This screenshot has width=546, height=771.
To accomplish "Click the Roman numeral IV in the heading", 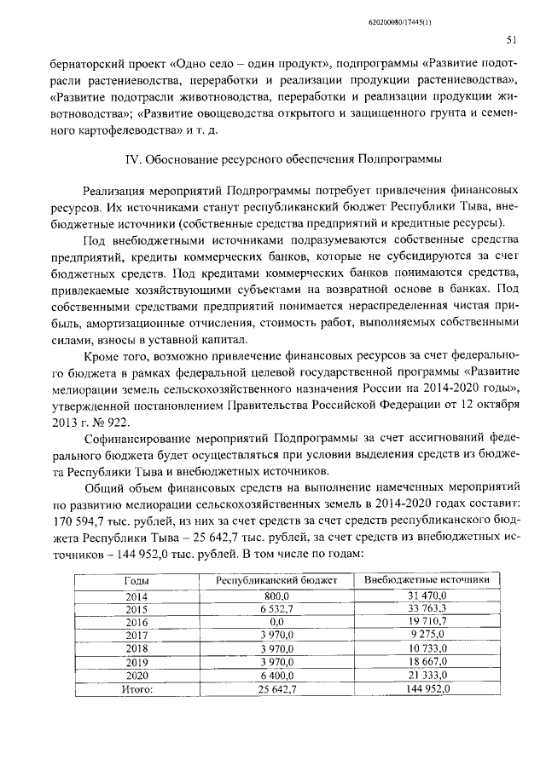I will pyautogui.click(x=132, y=158).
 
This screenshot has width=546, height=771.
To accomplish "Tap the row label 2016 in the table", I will pyautogui.click(x=136, y=623).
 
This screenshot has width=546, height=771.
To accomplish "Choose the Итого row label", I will pyautogui.click(x=136, y=689).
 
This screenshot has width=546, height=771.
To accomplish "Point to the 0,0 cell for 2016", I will pyautogui.click(x=277, y=623).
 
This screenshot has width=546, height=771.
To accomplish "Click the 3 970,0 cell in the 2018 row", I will pyautogui.click(x=277, y=649).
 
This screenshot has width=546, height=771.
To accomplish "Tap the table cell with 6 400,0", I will pyautogui.click(x=277, y=676).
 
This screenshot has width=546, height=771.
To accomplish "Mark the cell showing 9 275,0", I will pyautogui.click(x=427, y=636).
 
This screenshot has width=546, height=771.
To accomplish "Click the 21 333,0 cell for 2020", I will pyautogui.click(x=427, y=676).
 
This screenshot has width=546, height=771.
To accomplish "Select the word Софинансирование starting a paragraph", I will pyautogui.click(x=136, y=440).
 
